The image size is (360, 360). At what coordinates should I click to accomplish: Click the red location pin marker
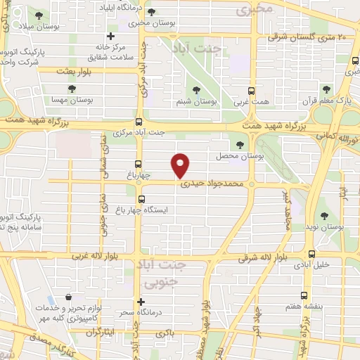click(181, 165)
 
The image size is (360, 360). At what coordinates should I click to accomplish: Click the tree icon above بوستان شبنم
click(196, 89)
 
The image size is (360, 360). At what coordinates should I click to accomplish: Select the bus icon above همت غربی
click(251, 91)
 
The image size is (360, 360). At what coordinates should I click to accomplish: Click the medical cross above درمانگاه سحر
click(141, 302)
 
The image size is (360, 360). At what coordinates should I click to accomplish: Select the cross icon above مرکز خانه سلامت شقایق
click(110, 37)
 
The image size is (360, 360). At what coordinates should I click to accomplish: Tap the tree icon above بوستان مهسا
click(72, 89)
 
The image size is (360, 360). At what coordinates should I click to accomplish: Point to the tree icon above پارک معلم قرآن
click(326, 89)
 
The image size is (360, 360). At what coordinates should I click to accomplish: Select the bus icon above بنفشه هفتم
click(304, 295)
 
